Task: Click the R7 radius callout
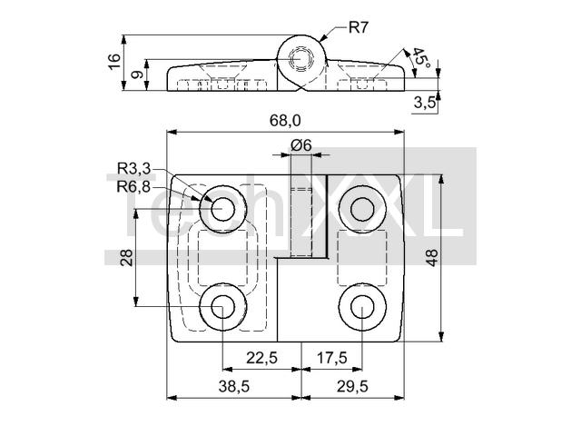[358, 27]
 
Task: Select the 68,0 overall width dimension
[285, 121]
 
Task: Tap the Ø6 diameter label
[300, 145]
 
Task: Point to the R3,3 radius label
[133, 169]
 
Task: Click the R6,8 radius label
[133, 187]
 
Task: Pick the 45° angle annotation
[420, 58]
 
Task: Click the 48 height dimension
[432, 258]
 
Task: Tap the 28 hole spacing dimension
[127, 258]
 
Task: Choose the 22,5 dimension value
[262, 358]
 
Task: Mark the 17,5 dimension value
[332, 358]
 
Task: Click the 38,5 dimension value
[234, 387]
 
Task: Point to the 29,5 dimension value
[352, 387]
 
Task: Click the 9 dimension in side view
[137, 74]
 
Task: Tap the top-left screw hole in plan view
[223, 209]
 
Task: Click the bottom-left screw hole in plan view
[223, 307]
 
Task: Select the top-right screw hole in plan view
[362, 209]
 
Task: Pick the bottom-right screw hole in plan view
[362, 307]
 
